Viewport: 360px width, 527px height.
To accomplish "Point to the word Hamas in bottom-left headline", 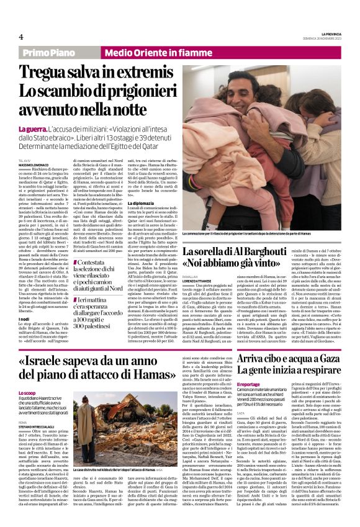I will (x=146, y=376).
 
